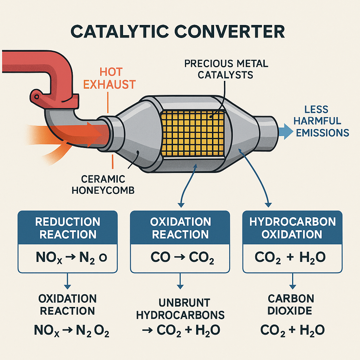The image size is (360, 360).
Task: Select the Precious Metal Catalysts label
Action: [226, 69]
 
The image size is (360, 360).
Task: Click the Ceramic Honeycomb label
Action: [98, 185]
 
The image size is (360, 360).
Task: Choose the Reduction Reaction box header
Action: [68, 228]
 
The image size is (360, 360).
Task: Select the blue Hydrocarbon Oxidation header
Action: [292, 228]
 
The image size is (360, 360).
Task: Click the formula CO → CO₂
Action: [180, 258]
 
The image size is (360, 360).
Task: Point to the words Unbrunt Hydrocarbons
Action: [180, 308]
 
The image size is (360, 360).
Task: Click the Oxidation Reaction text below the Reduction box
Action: [67, 305]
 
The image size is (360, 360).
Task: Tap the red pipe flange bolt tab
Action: [37, 96]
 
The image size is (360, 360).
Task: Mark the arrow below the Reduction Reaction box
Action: [67, 282]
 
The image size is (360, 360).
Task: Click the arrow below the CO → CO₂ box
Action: [180, 282]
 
